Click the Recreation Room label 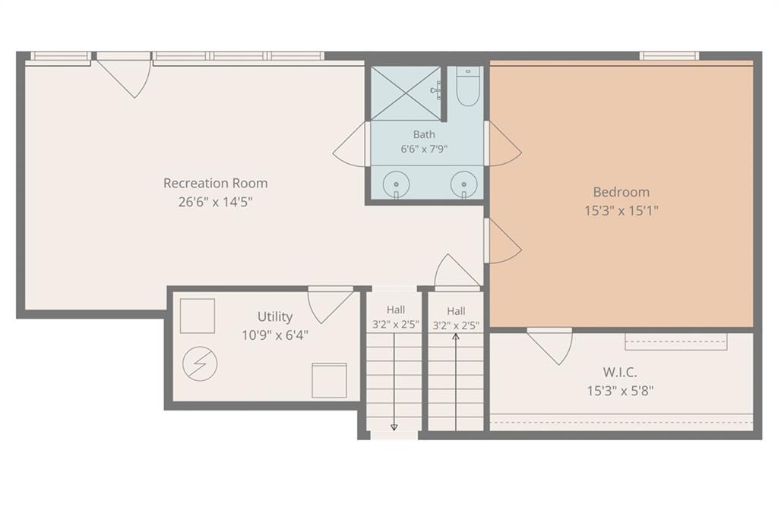pyautogui.click(x=215, y=184)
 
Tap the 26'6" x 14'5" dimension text pyautogui.click(x=215, y=202)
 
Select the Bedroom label pyautogui.click(x=621, y=192)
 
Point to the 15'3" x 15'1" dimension pyautogui.click(x=621, y=210)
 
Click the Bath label pyautogui.click(x=424, y=134)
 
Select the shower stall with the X pyautogui.click(x=406, y=93)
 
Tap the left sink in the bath pyautogui.click(x=396, y=184)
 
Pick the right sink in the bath pyautogui.click(x=464, y=184)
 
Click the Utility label pyautogui.click(x=275, y=316)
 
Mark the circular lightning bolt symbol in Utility pyautogui.click(x=200, y=363)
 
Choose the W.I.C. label pyautogui.click(x=620, y=372)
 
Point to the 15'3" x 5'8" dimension pyautogui.click(x=620, y=391)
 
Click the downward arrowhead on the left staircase pyautogui.click(x=394, y=427)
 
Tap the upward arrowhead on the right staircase pyautogui.click(x=456, y=337)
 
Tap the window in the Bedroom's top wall pyautogui.click(x=669, y=56)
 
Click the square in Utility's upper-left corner pyautogui.click(x=198, y=316)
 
